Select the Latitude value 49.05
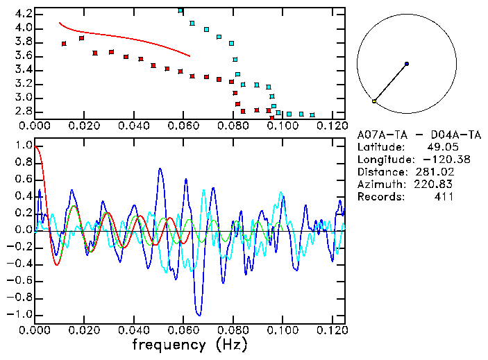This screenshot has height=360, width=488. pyautogui.click(x=440, y=147)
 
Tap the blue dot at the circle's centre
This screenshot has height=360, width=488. pyautogui.click(x=406, y=64)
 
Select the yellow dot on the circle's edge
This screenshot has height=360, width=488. pyautogui.click(x=374, y=101)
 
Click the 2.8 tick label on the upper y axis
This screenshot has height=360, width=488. pyautogui.click(x=23, y=111)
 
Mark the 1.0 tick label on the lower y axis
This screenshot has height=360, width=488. pyautogui.click(x=23, y=146)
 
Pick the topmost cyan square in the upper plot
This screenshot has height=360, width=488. pyautogui.click(x=180, y=10)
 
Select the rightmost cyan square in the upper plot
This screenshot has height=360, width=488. pyautogui.click(x=312, y=115)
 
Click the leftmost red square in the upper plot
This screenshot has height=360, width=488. pyautogui.click(x=64, y=44)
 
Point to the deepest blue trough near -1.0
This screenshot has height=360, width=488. pyautogui.click(x=199, y=314)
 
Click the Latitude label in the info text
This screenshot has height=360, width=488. pyautogui.click(x=379, y=147)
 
